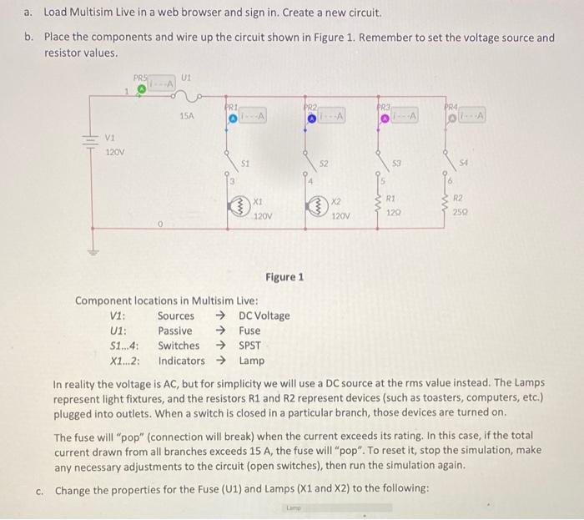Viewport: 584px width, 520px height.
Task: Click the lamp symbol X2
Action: (316, 206)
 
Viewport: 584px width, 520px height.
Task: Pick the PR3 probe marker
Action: (385, 119)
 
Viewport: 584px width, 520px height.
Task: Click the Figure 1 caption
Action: (284, 277)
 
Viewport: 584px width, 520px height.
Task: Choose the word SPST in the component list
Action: (250, 346)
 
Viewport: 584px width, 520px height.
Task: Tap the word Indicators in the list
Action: (181, 361)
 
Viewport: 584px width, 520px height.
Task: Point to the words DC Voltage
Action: (264, 316)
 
